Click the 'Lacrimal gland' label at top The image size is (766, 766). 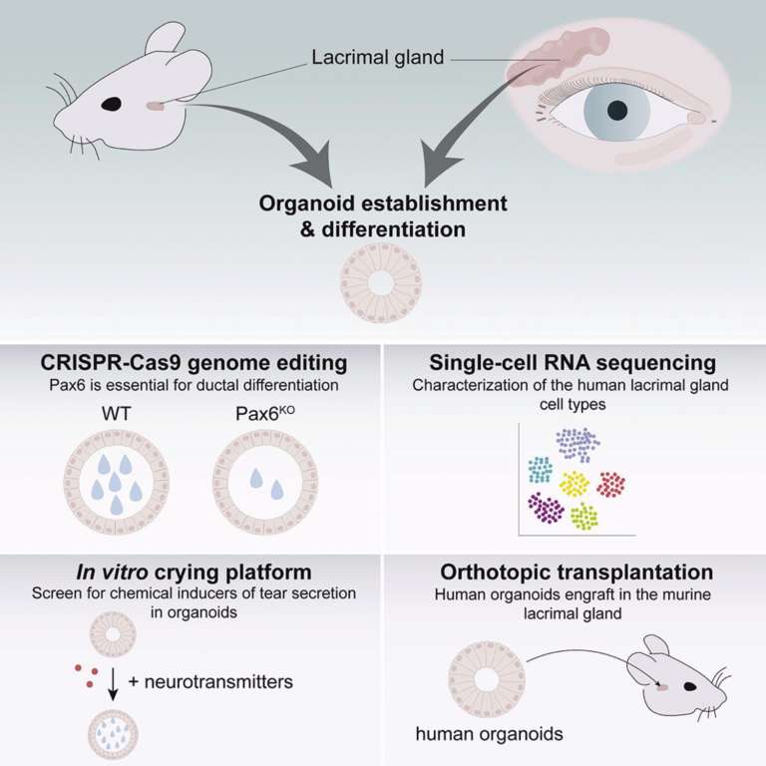pyautogui.click(x=378, y=57)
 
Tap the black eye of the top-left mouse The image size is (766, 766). pyautogui.click(x=112, y=104)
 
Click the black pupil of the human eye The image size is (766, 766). pyautogui.click(x=617, y=111)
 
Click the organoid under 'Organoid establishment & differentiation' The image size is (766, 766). pyautogui.click(x=381, y=283)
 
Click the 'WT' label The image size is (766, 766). pyautogui.click(x=117, y=414)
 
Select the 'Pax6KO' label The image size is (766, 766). pyautogui.click(x=265, y=413)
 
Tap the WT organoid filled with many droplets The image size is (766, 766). pyautogui.click(x=117, y=482)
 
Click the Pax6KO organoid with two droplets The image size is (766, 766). pyautogui.click(x=265, y=482)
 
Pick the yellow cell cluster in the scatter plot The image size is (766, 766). pyautogui.click(x=574, y=483)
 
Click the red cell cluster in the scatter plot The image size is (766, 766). pyautogui.click(x=611, y=484)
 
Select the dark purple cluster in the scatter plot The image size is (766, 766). pyautogui.click(x=547, y=508)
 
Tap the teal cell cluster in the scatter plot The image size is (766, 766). pyautogui.click(x=541, y=470)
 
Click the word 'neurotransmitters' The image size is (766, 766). pyautogui.click(x=218, y=682)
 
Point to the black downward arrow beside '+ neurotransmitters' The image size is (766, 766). pyautogui.click(x=113, y=684)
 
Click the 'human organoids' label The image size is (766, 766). pyautogui.click(x=489, y=734)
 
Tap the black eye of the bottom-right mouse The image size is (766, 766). pyautogui.click(x=690, y=687)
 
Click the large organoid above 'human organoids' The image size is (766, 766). pyautogui.click(x=486, y=679)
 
